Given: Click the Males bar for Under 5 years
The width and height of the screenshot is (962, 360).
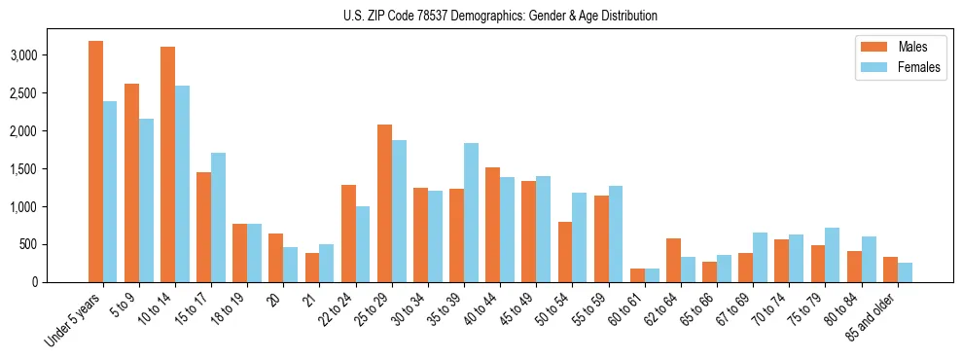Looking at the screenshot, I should pos(95,162).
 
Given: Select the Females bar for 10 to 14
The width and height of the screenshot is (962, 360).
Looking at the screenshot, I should pos(182,184).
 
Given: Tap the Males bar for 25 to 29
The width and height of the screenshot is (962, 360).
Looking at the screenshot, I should pos(384,203).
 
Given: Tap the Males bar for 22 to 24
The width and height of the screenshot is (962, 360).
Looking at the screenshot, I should pos(348,234).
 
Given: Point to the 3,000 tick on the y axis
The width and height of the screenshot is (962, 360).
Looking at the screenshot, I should pos(23,55).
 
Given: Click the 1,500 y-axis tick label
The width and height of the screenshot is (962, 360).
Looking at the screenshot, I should pos(23,169).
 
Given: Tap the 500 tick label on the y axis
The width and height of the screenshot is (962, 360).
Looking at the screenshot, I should pos(29,244).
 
